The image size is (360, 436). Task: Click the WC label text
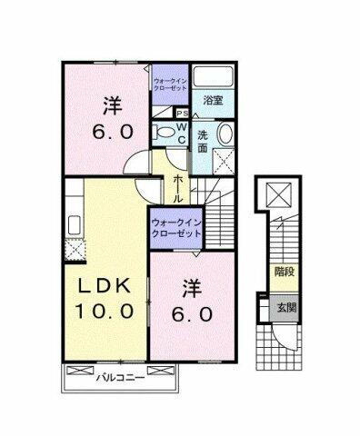(181, 133)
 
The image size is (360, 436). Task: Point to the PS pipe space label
(182, 113)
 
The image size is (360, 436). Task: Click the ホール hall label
(176, 188)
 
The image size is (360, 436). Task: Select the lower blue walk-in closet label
(176, 227)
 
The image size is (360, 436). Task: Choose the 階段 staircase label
(283, 271)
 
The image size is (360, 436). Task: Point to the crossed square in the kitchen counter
(73, 247)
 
